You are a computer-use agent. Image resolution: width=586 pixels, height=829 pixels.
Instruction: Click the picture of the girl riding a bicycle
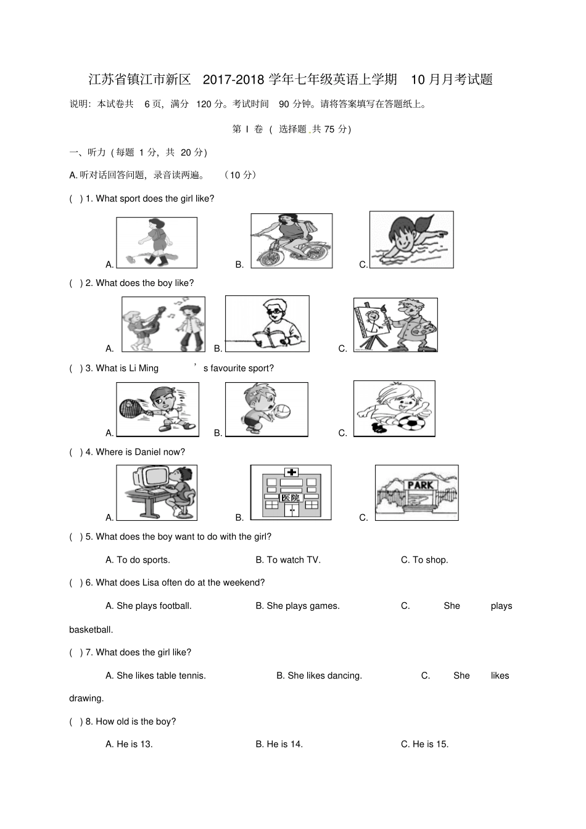click(x=291, y=240)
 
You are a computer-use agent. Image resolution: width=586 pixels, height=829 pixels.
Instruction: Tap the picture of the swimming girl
click(x=411, y=239)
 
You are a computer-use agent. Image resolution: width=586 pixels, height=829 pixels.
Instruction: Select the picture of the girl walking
click(x=157, y=242)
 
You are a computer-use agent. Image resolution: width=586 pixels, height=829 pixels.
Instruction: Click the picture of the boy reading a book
click(x=267, y=324)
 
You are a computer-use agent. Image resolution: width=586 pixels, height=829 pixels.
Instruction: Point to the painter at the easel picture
click(x=395, y=325)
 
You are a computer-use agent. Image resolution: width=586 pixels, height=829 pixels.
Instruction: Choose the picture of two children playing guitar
click(x=163, y=324)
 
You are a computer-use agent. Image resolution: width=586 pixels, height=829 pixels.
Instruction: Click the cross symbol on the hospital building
click(x=291, y=473)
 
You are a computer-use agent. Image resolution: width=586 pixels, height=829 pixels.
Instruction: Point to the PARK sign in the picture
click(x=419, y=485)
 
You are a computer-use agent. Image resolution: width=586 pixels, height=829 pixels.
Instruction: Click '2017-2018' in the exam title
click(x=234, y=80)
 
